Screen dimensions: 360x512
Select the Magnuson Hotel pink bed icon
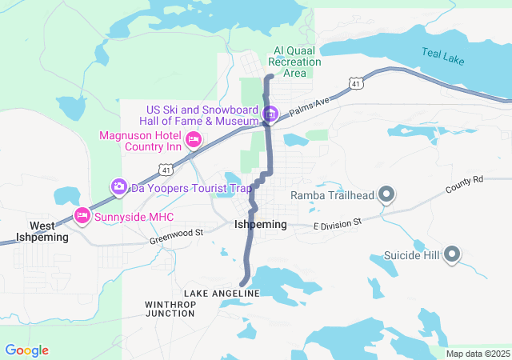(x=193, y=141)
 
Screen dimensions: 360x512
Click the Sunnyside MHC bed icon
(x=82, y=216)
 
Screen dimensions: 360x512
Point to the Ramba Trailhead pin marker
(x=386, y=194)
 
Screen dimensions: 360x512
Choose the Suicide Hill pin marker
(x=451, y=256)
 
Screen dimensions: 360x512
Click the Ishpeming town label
(x=260, y=225)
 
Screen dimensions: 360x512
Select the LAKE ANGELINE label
(x=222, y=294)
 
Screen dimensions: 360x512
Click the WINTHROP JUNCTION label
(x=170, y=309)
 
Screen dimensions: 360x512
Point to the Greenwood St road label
(x=177, y=236)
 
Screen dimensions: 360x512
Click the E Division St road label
(x=338, y=224)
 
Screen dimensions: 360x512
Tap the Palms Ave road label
(x=310, y=107)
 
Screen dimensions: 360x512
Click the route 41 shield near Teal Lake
(x=354, y=82)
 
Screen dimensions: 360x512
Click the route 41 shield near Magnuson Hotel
(x=165, y=170)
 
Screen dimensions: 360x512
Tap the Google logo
(x=26, y=350)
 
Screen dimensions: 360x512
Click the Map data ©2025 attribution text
(x=477, y=354)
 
